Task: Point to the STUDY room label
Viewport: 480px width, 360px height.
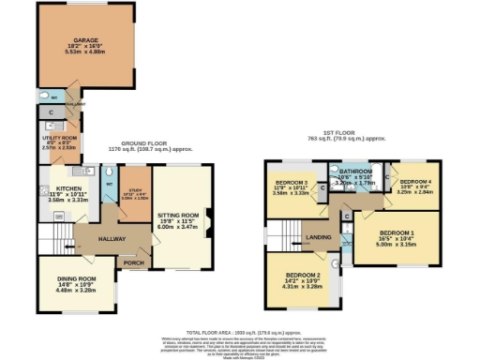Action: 135,170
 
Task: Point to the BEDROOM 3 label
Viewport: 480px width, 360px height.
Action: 292,178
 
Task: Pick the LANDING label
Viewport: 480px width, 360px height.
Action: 320,238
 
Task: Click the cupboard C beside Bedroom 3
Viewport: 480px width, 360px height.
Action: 322,187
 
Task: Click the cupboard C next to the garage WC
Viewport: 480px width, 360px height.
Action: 50,113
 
